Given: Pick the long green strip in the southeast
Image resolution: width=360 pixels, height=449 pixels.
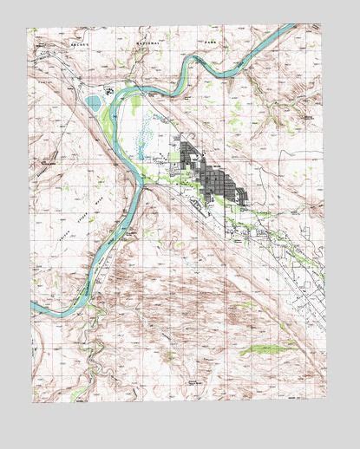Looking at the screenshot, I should click(268, 349).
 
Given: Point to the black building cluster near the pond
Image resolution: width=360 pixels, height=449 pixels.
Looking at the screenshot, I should click(110, 89).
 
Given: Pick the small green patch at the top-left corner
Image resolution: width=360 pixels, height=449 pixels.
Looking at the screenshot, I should click(33, 34).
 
